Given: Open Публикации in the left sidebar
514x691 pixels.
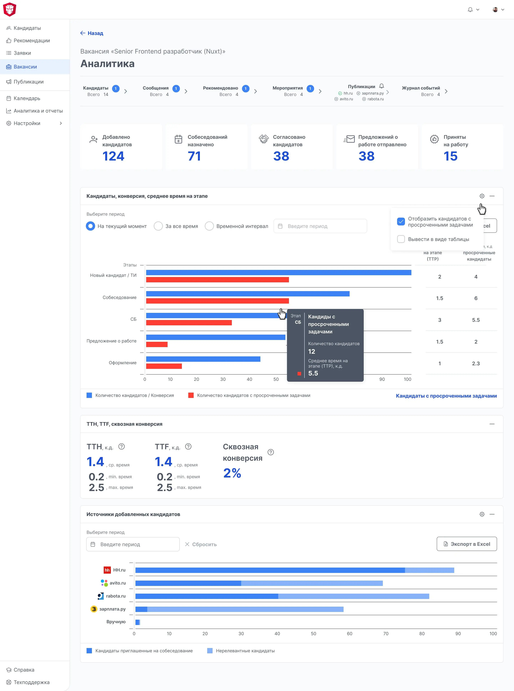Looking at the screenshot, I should click(28, 82).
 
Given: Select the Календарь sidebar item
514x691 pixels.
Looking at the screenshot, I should click(27, 98).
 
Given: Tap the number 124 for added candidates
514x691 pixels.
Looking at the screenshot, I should click(113, 156).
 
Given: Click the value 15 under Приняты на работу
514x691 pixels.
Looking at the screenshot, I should click(450, 156).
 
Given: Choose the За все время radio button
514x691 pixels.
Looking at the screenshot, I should click(158, 226).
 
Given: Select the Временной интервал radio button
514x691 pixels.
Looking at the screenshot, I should click(209, 226).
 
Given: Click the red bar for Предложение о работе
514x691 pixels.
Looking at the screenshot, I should click(157, 345).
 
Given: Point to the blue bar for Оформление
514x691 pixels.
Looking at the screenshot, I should click(203, 359).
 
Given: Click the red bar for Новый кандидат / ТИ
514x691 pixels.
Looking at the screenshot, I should click(217, 280).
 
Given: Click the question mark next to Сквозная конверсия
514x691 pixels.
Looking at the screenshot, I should click(271, 452).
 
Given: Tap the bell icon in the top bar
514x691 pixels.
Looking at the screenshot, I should click(470, 10).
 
